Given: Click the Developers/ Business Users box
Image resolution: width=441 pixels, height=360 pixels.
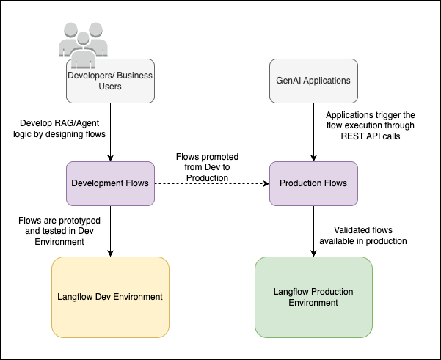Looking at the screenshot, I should click(x=109, y=81).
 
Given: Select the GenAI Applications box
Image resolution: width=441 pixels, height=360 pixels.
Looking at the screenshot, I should click(x=314, y=81).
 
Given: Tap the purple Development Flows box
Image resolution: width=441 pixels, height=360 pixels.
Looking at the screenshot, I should click(x=109, y=183).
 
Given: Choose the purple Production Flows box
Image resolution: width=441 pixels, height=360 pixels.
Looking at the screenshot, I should click(x=314, y=183).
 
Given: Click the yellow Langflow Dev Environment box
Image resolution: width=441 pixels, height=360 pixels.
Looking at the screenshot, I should click(x=109, y=297).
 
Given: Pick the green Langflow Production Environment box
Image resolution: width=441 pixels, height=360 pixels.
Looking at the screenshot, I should click(x=314, y=297).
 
